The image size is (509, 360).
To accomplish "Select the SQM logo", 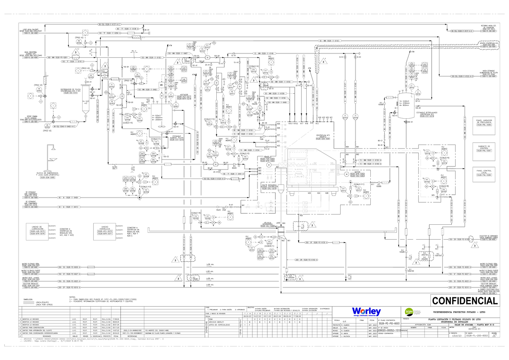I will (409, 312).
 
